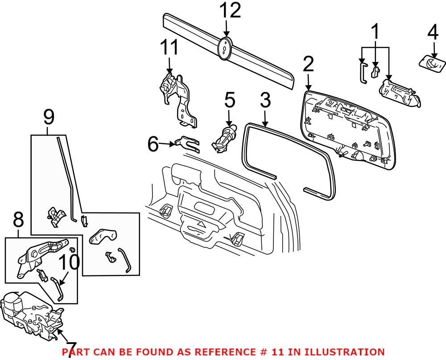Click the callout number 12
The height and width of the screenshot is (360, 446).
click(230, 10)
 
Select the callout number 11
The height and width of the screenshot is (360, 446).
click(169, 48)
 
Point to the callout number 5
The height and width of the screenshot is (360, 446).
click(229, 101)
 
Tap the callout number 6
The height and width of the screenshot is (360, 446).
click(153, 144)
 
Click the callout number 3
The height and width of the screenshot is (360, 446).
click(265, 101)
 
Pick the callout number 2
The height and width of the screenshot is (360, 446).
click(308, 65)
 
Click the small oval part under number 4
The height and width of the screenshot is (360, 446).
click(431, 62)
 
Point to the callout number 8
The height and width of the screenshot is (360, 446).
click(18, 220)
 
